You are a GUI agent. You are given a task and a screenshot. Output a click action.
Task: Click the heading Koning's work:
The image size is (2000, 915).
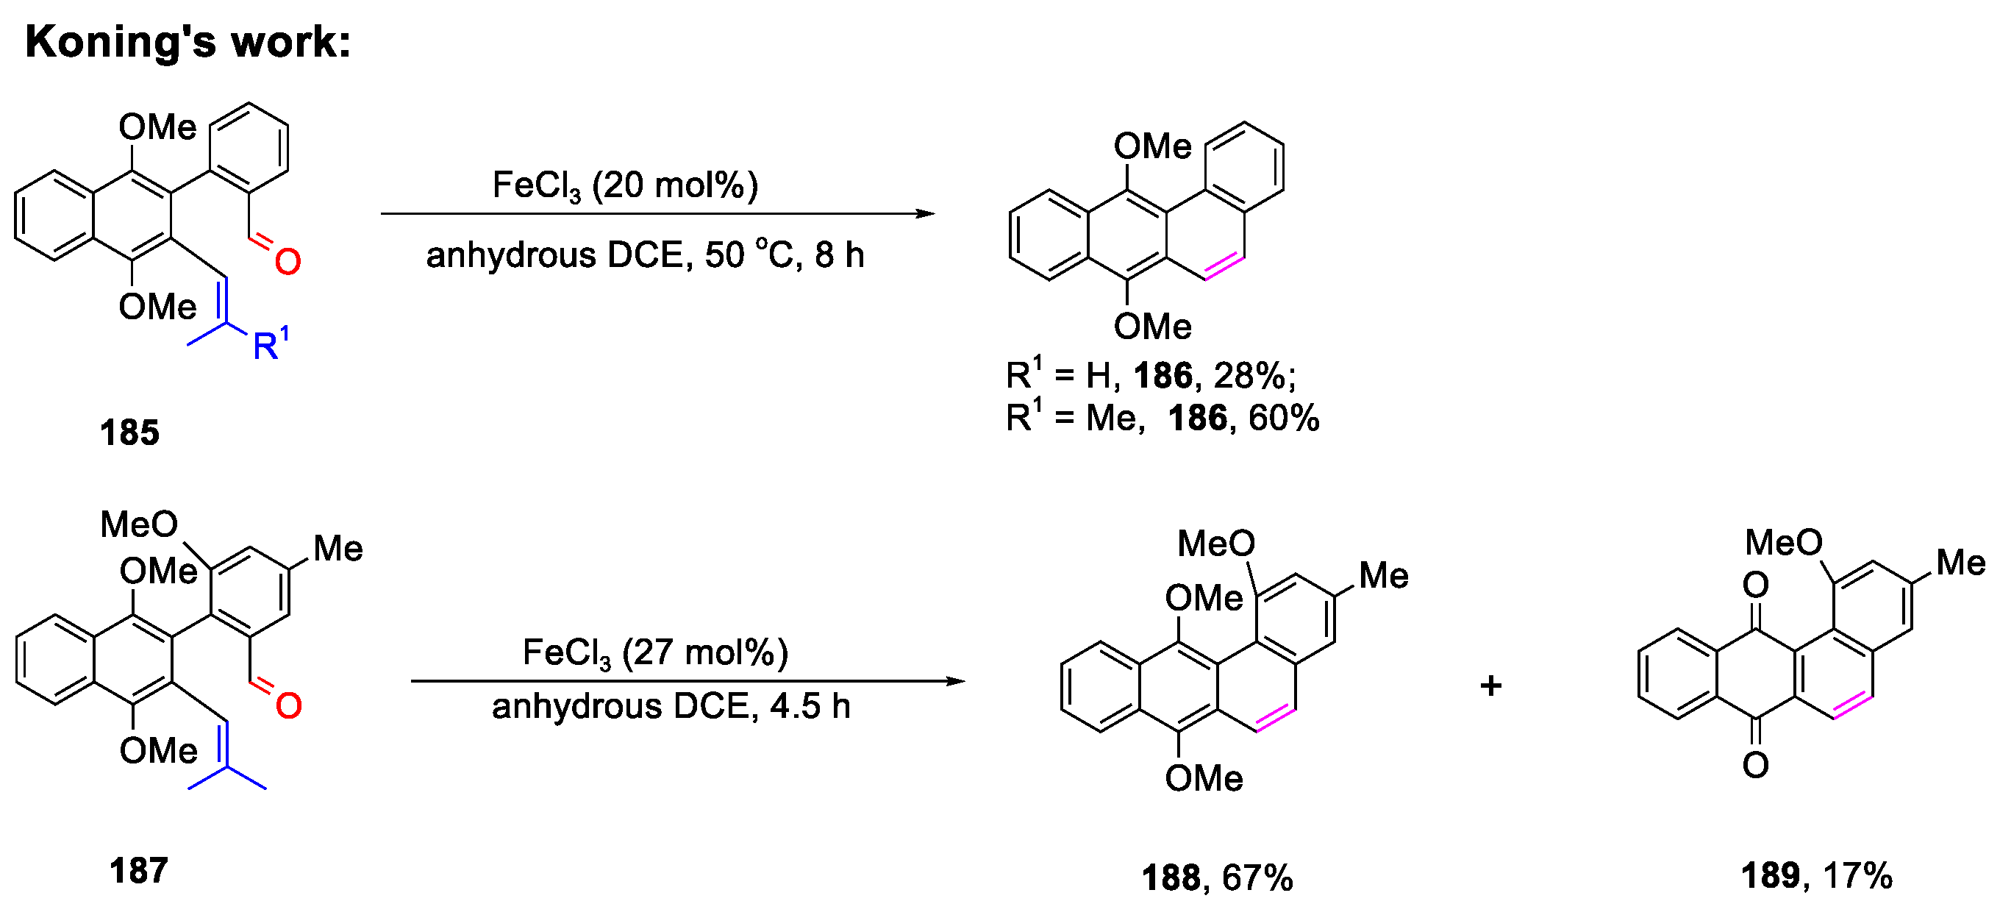point(188,42)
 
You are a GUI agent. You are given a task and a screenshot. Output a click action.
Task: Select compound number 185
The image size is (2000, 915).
point(129,432)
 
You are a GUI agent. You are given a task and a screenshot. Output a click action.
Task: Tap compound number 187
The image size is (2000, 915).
point(139,871)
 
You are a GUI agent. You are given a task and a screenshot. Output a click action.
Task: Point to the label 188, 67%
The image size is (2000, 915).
point(1218,878)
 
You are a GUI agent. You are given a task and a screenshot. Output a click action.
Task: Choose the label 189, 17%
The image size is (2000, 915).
point(1817,876)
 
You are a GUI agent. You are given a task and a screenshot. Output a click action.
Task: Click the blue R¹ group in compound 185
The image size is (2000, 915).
point(269,345)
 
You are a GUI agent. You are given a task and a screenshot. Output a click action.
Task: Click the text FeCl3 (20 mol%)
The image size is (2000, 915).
point(625,186)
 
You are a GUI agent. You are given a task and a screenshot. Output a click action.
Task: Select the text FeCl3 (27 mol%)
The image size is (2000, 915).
point(655,652)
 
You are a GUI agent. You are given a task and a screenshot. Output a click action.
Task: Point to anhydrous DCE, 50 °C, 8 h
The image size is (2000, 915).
point(644,254)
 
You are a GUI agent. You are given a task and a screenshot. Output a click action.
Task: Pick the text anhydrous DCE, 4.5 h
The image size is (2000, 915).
point(671,707)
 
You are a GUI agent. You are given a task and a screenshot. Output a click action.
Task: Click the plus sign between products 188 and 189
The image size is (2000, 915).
point(1490,685)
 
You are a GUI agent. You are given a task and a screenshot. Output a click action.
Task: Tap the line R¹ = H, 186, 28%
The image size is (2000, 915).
point(1151,376)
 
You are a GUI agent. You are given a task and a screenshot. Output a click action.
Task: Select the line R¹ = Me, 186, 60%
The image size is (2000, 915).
point(1162,418)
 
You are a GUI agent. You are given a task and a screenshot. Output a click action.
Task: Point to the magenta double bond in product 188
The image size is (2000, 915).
point(1276,718)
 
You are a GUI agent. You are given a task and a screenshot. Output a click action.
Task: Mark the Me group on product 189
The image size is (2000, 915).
point(1960,563)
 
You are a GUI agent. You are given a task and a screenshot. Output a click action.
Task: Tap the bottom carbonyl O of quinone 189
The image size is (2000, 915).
point(1755,766)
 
